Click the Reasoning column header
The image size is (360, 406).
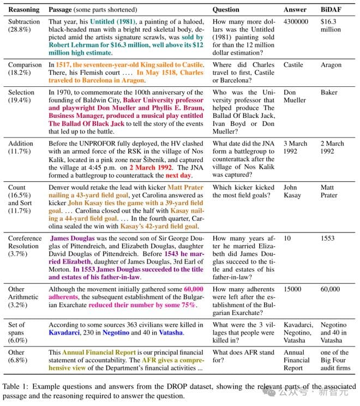[x=23, y=9]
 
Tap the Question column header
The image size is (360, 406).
[x=226, y=9]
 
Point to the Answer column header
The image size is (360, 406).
[x=295, y=9]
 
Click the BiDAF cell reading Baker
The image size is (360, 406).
[x=329, y=93]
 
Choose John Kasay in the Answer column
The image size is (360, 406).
[x=292, y=191]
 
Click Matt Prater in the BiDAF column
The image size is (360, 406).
[x=329, y=191]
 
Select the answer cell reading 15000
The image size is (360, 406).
[x=293, y=289]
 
